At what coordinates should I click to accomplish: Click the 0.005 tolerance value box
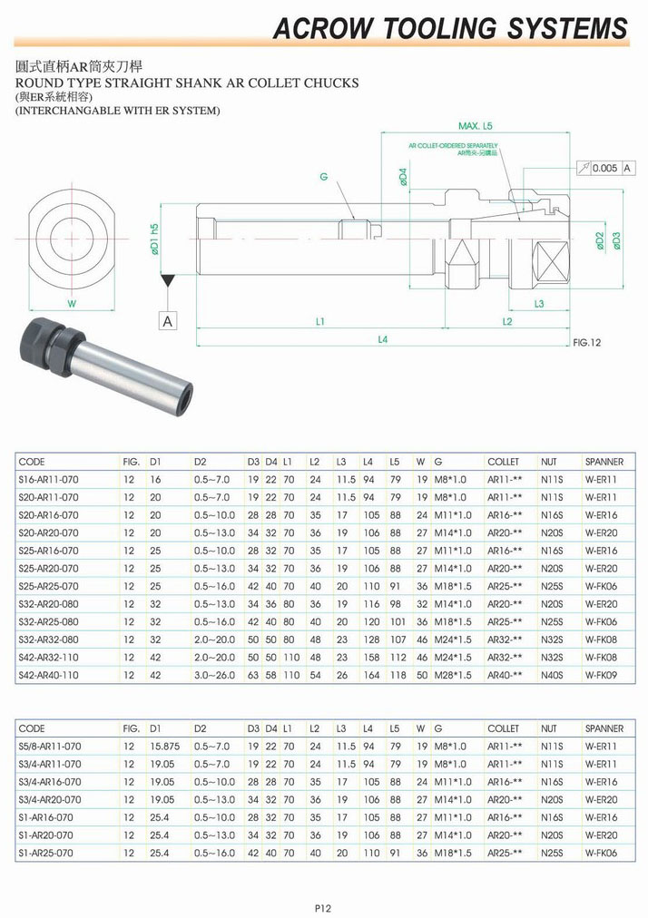pos(605,168)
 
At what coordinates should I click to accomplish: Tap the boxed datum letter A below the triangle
pos(168,321)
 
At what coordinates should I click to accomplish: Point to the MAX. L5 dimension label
pos(476,126)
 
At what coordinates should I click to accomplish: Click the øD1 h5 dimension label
pos(154,239)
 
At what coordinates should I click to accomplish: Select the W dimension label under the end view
pos(72,303)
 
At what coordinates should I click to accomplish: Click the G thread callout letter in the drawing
pos(323,176)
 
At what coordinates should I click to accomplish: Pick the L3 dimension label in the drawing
pos(539,303)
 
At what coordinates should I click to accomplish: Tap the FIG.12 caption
pos(587,343)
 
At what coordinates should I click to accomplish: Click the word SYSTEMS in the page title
pos(567,28)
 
